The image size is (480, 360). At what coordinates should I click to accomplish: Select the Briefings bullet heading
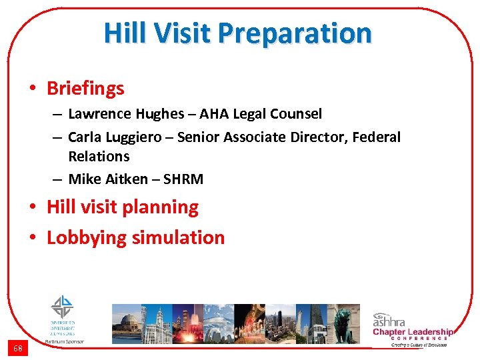coord(85,88)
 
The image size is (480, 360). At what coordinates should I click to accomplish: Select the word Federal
coord(376,137)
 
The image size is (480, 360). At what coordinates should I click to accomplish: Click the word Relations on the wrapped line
coord(99,156)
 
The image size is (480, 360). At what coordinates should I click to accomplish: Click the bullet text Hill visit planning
coord(123,207)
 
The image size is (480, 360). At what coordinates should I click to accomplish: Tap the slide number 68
coord(17,348)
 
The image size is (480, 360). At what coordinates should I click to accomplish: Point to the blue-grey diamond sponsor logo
coord(63,308)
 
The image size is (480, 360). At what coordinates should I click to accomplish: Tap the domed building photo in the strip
coord(127,323)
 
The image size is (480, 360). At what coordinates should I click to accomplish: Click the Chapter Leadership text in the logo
coord(413,332)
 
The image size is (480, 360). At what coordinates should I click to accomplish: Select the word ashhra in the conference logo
coord(393,319)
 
